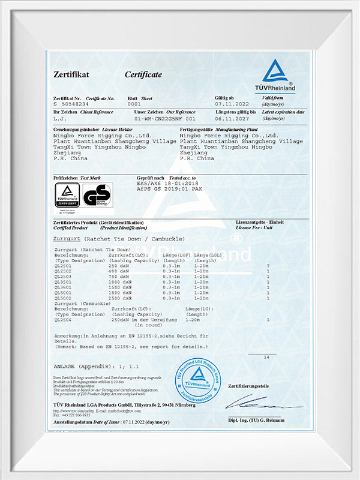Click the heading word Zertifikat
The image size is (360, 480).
tap(71, 74)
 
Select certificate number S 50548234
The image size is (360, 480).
tap(74, 103)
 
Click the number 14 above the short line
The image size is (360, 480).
tap(266, 357)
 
